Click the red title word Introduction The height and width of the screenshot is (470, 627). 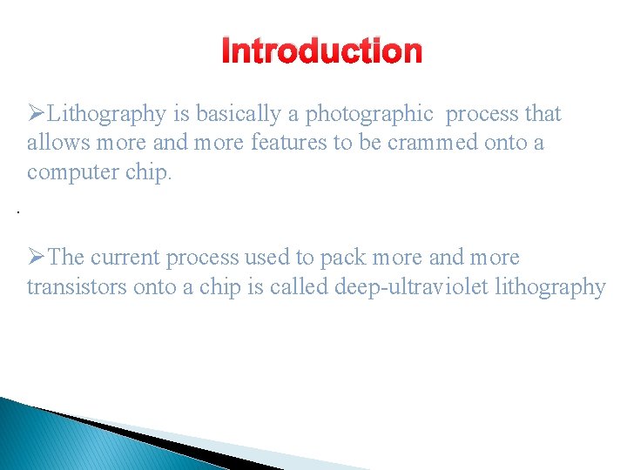point(321,52)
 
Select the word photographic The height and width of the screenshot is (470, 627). point(369,114)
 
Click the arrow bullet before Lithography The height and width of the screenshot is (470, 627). point(37,114)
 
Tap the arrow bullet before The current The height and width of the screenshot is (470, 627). point(37,258)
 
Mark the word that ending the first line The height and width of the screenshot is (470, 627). point(543,114)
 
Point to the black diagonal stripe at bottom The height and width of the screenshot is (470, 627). point(157,440)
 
